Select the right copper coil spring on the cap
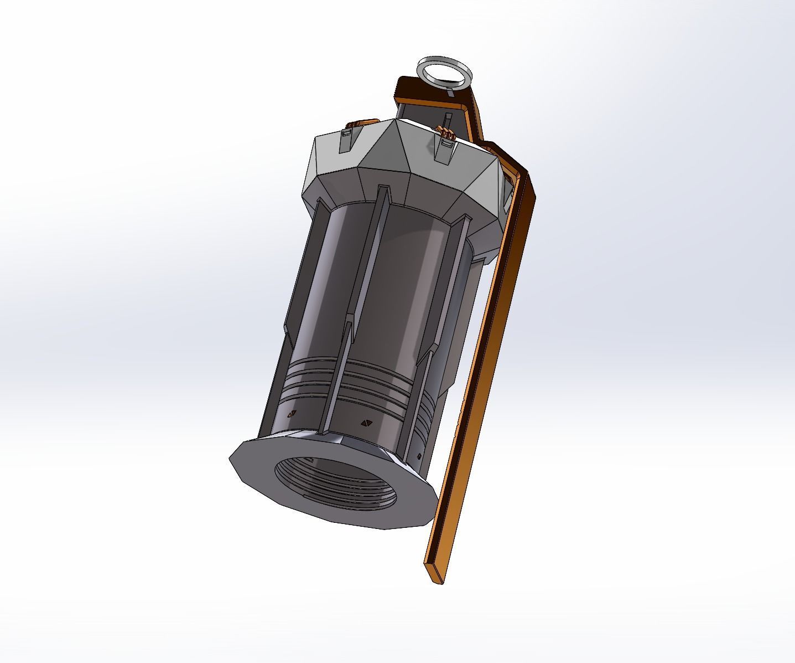coord(446,132)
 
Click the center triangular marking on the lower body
coord(365,423)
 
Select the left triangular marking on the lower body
coord(292,413)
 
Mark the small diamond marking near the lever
coord(418,456)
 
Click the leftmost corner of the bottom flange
coord(231,458)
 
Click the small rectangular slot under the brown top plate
coord(447,119)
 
